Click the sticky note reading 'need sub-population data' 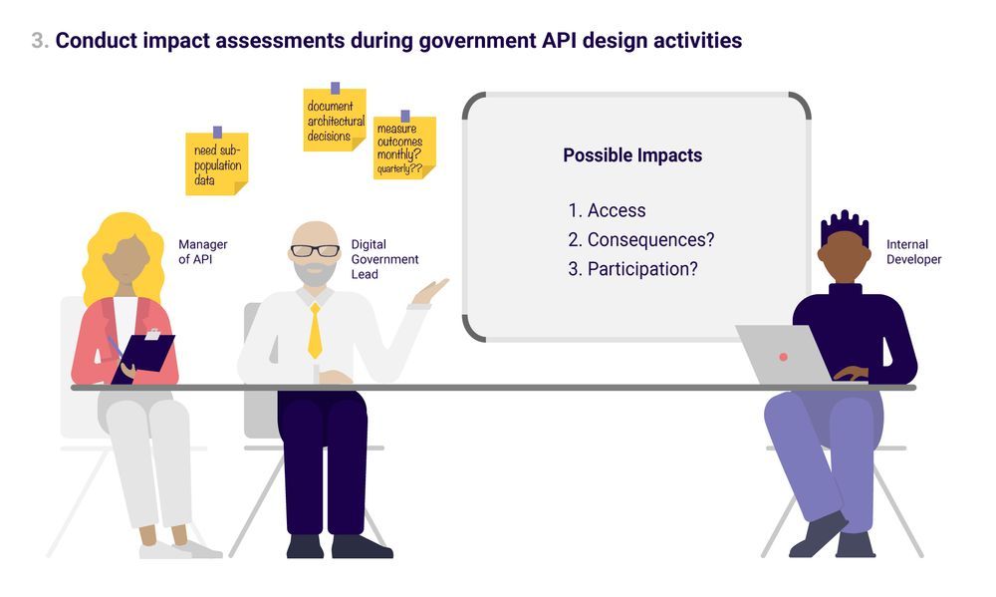(x=216, y=163)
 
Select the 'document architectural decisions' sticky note (x=335, y=120)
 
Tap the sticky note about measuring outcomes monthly (x=404, y=148)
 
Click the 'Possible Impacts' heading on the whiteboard (x=632, y=155)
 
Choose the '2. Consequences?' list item (x=640, y=239)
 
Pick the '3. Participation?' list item (x=632, y=269)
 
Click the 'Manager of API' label (x=202, y=252)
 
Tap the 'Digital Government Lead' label (x=384, y=259)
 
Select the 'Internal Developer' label (x=914, y=252)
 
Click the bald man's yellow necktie (x=315, y=331)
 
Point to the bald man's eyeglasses (x=315, y=250)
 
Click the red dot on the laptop (x=783, y=358)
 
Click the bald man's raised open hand (x=430, y=292)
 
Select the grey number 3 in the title (x=40, y=41)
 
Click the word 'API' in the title (x=559, y=40)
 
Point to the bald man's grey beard (x=315, y=272)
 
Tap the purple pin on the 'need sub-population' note (x=217, y=133)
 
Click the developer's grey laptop (x=786, y=354)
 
